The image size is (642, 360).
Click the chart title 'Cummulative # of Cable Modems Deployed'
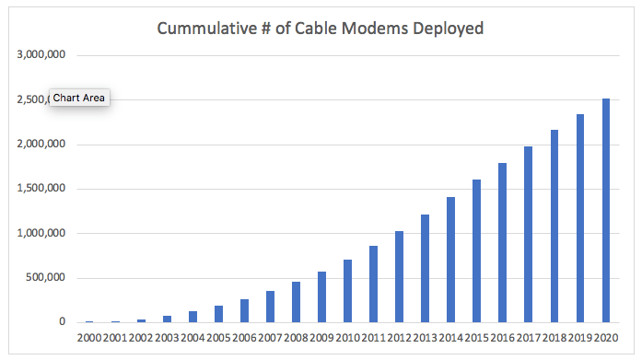click(x=320, y=28)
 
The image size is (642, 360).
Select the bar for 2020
click(x=606, y=211)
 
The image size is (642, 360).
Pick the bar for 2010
click(x=347, y=291)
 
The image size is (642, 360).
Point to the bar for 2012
click(x=399, y=276)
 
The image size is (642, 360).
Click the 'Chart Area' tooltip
click(x=79, y=98)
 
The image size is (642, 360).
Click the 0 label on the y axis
click(x=61, y=322)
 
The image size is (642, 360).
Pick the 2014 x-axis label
click(x=450, y=339)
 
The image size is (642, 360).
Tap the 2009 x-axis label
click(x=321, y=339)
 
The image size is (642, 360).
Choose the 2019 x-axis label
click(x=580, y=339)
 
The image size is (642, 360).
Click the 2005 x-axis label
click(x=218, y=339)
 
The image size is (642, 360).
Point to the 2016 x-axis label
click(x=502, y=339)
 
